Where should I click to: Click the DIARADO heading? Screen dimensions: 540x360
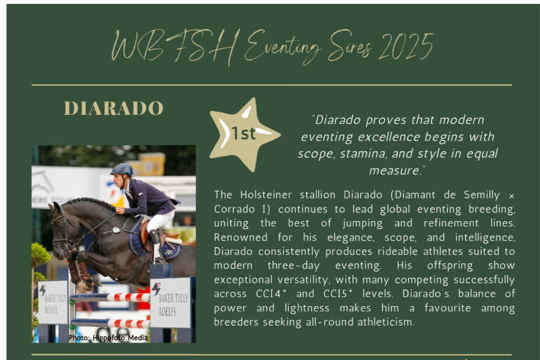114,108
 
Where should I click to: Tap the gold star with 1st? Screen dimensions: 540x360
244,134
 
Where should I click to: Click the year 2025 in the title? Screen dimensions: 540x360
406,47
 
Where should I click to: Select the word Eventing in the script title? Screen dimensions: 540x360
282,47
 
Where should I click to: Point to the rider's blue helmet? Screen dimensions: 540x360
122,169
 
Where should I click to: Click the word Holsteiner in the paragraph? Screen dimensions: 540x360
266,195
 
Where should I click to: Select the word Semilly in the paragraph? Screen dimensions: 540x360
482,195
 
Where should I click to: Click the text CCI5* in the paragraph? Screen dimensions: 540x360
338,294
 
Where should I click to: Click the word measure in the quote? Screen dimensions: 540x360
395,171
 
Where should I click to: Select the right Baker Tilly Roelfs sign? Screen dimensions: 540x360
170,302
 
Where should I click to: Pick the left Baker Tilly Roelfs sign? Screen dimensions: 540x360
53,302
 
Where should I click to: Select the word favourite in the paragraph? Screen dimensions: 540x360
447,307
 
